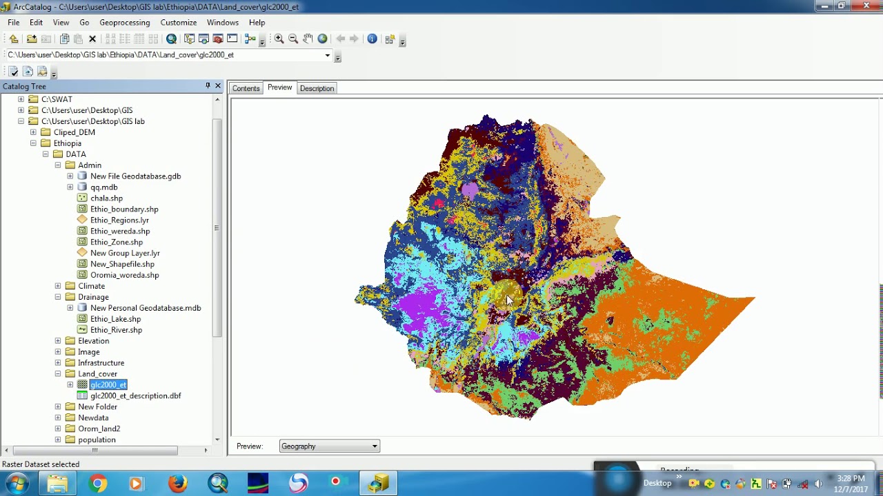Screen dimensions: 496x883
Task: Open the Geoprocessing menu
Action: (x=124, y=23)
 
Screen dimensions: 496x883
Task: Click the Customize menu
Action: (x=178, y=23)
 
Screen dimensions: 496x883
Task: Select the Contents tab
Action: (x=246, y=88)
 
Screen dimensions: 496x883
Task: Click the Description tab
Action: (x=317, y=88)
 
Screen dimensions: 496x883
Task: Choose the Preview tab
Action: (x=279, y=87)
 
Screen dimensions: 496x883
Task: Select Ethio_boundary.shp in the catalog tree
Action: (x=124, y=209)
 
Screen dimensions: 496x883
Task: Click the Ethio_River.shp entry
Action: (x=116, y=330)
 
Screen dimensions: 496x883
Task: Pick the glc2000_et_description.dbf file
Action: (x=135, y=396)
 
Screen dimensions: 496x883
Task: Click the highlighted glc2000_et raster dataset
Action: (x=108, y=385)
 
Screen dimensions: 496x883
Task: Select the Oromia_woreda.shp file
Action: (x=124, y=276)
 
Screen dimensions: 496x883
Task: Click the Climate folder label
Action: (x=91, y=287)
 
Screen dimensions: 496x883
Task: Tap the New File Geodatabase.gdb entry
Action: (x=135, y=176)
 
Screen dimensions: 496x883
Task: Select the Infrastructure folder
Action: (x=101, y=363)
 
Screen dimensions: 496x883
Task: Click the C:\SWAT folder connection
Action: (x=57, y=99)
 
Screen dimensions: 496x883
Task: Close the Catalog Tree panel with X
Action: (x=218, y=86)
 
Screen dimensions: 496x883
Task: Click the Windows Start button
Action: (x=17, y=484)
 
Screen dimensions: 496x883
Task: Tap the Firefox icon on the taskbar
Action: (x=178, y=484)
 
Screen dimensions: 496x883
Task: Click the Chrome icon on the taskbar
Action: (x=98, y=484)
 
